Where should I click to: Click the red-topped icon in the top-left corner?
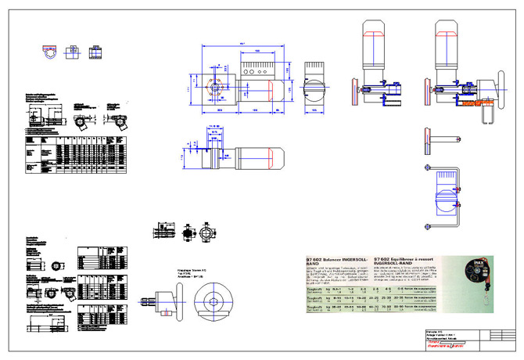49,51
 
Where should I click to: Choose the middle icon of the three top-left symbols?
71,51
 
